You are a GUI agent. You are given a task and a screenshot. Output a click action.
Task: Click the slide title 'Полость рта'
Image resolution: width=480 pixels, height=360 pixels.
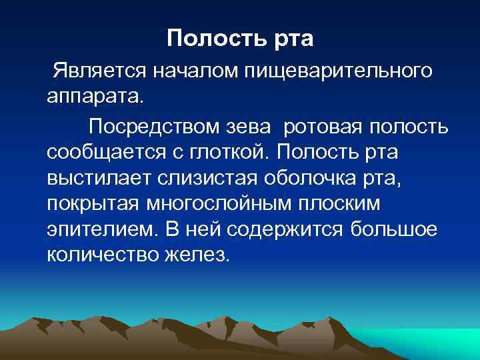pyautogui.click(x=240, y=38)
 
